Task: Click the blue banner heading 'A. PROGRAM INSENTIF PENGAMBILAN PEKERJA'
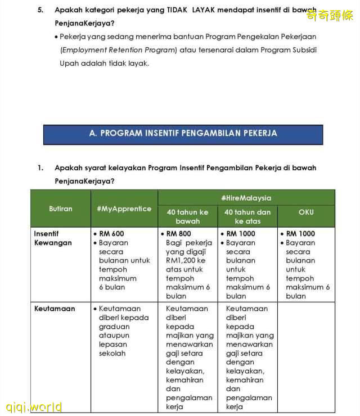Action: tap(183, 134)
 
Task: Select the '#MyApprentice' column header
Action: tap(124, 209)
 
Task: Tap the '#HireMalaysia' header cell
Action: tap(246, 198)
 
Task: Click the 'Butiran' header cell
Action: tap(60, 209)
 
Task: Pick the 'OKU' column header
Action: tap(306, 212)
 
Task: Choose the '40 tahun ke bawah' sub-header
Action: tap(187, 216)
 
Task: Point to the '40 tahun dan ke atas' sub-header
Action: tap(247, 216)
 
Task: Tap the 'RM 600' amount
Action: tap(111, 233)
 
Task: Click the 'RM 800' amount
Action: tap(178, 233)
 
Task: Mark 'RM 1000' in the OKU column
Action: tap(300, 233)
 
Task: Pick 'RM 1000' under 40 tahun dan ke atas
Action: tap(240, 233)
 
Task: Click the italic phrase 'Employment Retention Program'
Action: tap(119, 50)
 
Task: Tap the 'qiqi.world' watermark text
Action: tap(34, 407)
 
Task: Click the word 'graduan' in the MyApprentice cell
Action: tap(114, 327)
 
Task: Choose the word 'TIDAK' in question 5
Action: tap(178, 10)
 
